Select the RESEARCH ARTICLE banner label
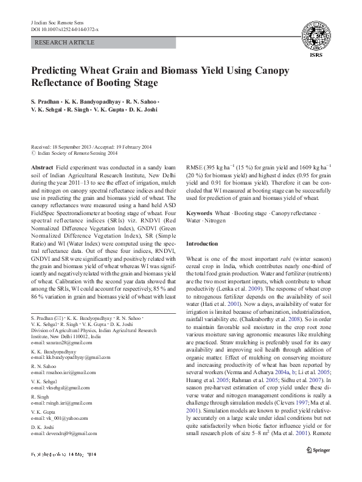click(x=66, y=43)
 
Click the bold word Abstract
click(x=41, y=167)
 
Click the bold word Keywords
click(x=199, y=214)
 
